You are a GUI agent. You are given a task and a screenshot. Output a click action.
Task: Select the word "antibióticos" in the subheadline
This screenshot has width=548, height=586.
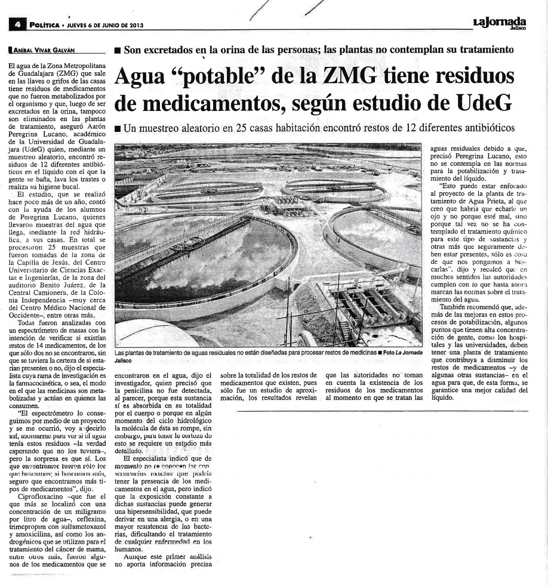click(x=478, y=128)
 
